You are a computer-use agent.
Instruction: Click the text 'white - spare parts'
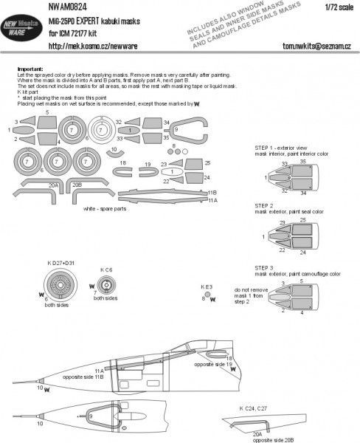(x=108, y=209)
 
